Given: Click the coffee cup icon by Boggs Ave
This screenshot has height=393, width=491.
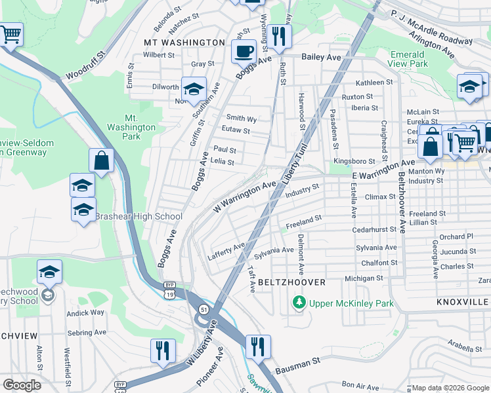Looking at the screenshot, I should (244, 52).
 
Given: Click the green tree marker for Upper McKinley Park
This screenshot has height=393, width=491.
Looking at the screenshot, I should (299, 303).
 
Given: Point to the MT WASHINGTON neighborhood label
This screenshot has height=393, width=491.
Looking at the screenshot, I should (184, 43).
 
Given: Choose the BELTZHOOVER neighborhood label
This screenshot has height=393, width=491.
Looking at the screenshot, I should (291, 282).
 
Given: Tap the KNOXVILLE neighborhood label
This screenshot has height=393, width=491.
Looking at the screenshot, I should (463, 301).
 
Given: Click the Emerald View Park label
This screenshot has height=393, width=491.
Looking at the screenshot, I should (409, 59).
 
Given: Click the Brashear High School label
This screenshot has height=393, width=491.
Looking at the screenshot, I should (139, 217).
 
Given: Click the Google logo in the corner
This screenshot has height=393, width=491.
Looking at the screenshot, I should (22, 385).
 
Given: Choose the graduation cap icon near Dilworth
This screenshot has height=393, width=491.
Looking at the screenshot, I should (194, 89).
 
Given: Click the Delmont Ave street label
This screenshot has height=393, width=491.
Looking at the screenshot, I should (301, 253).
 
